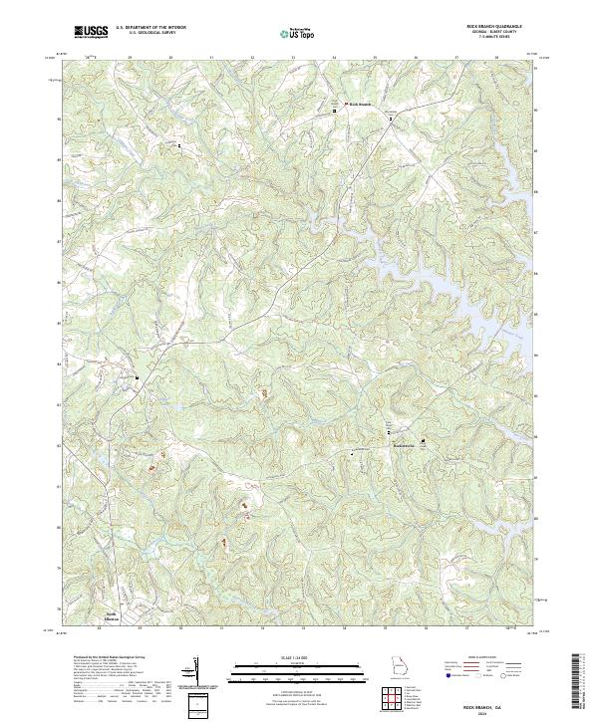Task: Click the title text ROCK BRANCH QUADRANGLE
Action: point(494,27)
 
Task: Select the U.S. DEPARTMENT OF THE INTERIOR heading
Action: point(149,28)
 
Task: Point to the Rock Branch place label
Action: point(359,104)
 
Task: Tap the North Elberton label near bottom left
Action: point(113,616)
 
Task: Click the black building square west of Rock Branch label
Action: point(334,113)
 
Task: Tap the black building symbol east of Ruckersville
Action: point(422,440)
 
